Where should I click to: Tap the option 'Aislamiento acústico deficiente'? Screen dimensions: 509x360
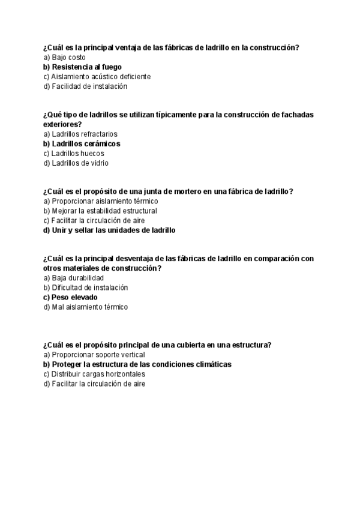click(97, 77)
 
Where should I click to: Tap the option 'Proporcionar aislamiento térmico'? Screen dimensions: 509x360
click(100, 202)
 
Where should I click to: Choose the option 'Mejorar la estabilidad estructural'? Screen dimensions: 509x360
click(100, 211)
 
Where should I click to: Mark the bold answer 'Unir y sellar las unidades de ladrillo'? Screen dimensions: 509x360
click(109, 230)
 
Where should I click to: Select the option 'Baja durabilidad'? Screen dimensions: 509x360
click(74, 279)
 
